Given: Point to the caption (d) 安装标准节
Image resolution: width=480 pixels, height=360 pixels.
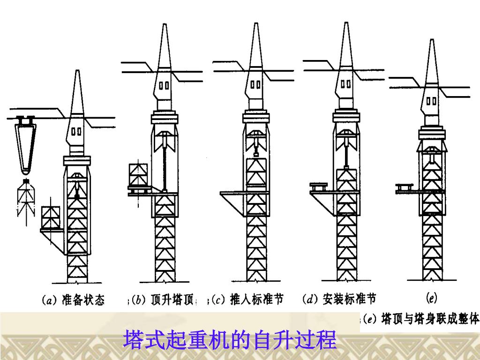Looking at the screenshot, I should click(339, 299).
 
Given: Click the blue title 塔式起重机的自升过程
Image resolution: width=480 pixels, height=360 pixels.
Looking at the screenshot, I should click(230, 340).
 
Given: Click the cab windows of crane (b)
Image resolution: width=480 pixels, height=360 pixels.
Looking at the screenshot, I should click(164, 86).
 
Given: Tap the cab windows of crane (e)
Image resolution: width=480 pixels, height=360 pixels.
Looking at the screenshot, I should click(432, 100).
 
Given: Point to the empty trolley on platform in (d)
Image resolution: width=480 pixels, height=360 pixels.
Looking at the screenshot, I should click(319, 187).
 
